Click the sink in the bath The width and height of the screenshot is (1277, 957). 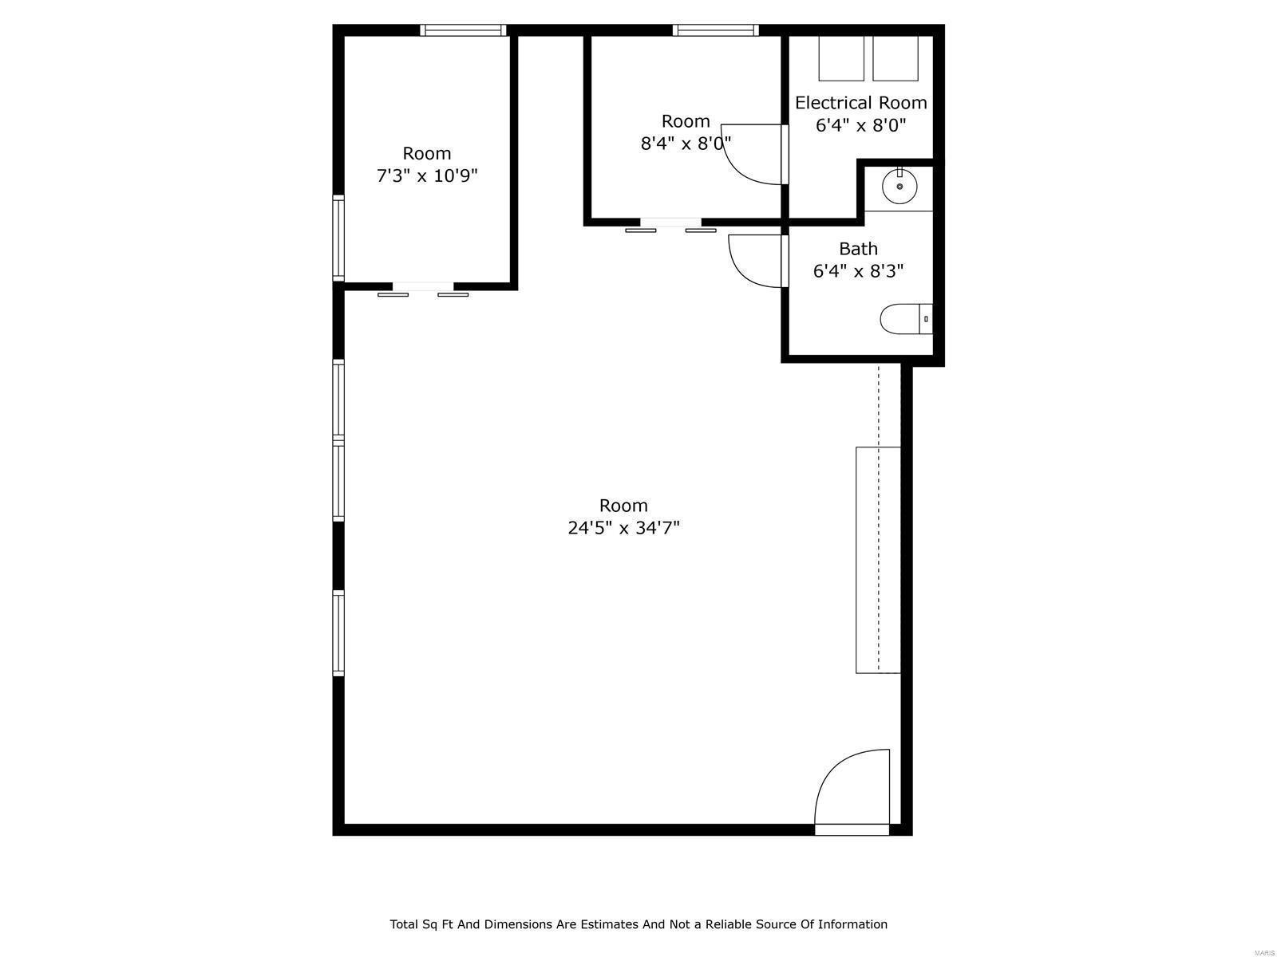coord(899,185)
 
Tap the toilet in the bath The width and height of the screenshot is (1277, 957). coord(906,319)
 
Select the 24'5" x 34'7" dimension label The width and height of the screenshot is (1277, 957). coord(623,528)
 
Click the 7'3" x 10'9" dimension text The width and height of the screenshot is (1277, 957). coord(427,175)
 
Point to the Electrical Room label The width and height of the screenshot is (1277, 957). coord(860,103)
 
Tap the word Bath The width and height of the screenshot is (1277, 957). coord(858,249)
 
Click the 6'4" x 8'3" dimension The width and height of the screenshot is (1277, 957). coord(858,271)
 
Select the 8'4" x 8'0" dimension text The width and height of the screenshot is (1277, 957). coord(686,143)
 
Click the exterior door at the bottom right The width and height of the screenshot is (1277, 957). coord(852,794)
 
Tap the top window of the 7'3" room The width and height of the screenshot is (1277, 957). coord(463,30)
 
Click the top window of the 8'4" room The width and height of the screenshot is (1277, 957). coord(716,30)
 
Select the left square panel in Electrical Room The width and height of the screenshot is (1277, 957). coord(840,58)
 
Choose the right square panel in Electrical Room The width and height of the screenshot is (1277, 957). coord(895,58)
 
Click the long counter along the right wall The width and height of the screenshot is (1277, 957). coord(878,560)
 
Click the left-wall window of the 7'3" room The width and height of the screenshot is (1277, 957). coord(338,238)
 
